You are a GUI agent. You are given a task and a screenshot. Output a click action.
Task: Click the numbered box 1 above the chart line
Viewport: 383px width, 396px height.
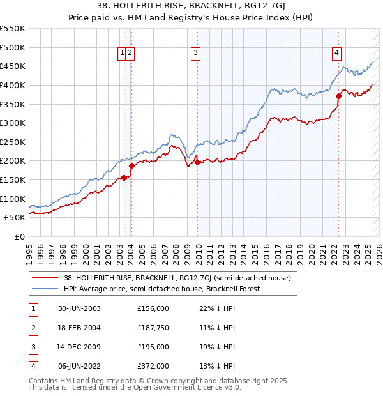121,54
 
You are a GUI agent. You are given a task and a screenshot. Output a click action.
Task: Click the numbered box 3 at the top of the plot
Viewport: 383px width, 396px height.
195,54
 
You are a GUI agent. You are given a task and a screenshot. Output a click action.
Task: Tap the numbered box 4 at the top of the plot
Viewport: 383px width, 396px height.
336,54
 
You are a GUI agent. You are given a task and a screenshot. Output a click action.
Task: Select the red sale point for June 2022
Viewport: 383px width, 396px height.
338,96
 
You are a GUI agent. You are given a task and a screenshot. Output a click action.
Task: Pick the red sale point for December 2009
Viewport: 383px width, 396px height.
197,162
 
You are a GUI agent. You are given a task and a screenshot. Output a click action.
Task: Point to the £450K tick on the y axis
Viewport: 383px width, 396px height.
14,66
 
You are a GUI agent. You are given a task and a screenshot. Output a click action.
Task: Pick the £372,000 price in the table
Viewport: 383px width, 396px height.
153,367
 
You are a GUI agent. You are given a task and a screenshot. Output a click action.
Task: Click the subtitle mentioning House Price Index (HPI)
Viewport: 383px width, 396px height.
191,18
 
